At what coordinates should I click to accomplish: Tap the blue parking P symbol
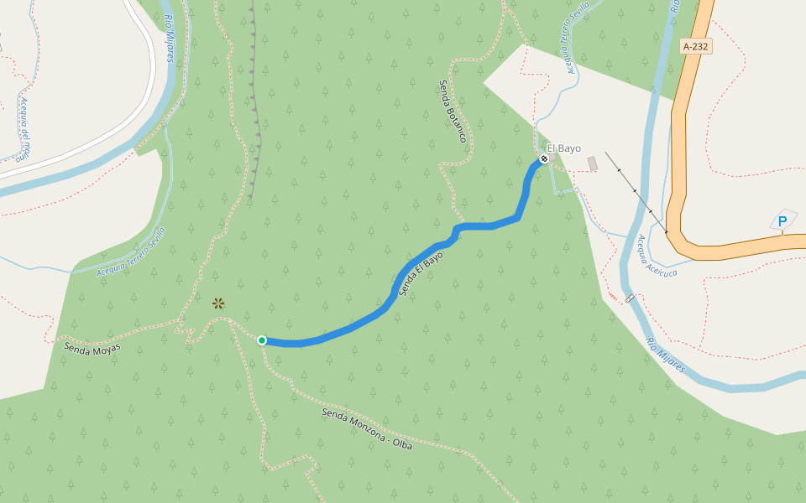782,221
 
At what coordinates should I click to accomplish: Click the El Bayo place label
564,148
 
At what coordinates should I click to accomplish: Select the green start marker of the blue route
262,340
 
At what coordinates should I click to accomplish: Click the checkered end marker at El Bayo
544,158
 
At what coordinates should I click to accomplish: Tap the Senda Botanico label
452,111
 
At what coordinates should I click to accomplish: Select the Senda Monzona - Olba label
367,428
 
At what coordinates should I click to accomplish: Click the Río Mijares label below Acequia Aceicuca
665,355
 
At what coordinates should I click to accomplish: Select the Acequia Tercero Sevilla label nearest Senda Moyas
131,253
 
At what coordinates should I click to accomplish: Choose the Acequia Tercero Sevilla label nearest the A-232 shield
573,38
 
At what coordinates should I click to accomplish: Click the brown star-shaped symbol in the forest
218,303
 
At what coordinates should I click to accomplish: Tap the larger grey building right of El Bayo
592,163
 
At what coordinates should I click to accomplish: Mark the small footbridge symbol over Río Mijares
630,298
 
